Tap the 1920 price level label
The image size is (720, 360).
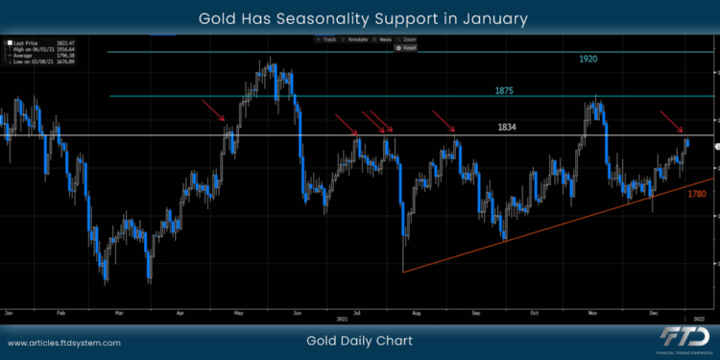pos(588,60)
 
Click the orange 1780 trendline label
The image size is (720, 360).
pos(697,193)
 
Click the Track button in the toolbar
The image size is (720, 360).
pos(328,38)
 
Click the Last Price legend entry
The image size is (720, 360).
pos(27,43)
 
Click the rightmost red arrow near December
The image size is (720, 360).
pos(671,122)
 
